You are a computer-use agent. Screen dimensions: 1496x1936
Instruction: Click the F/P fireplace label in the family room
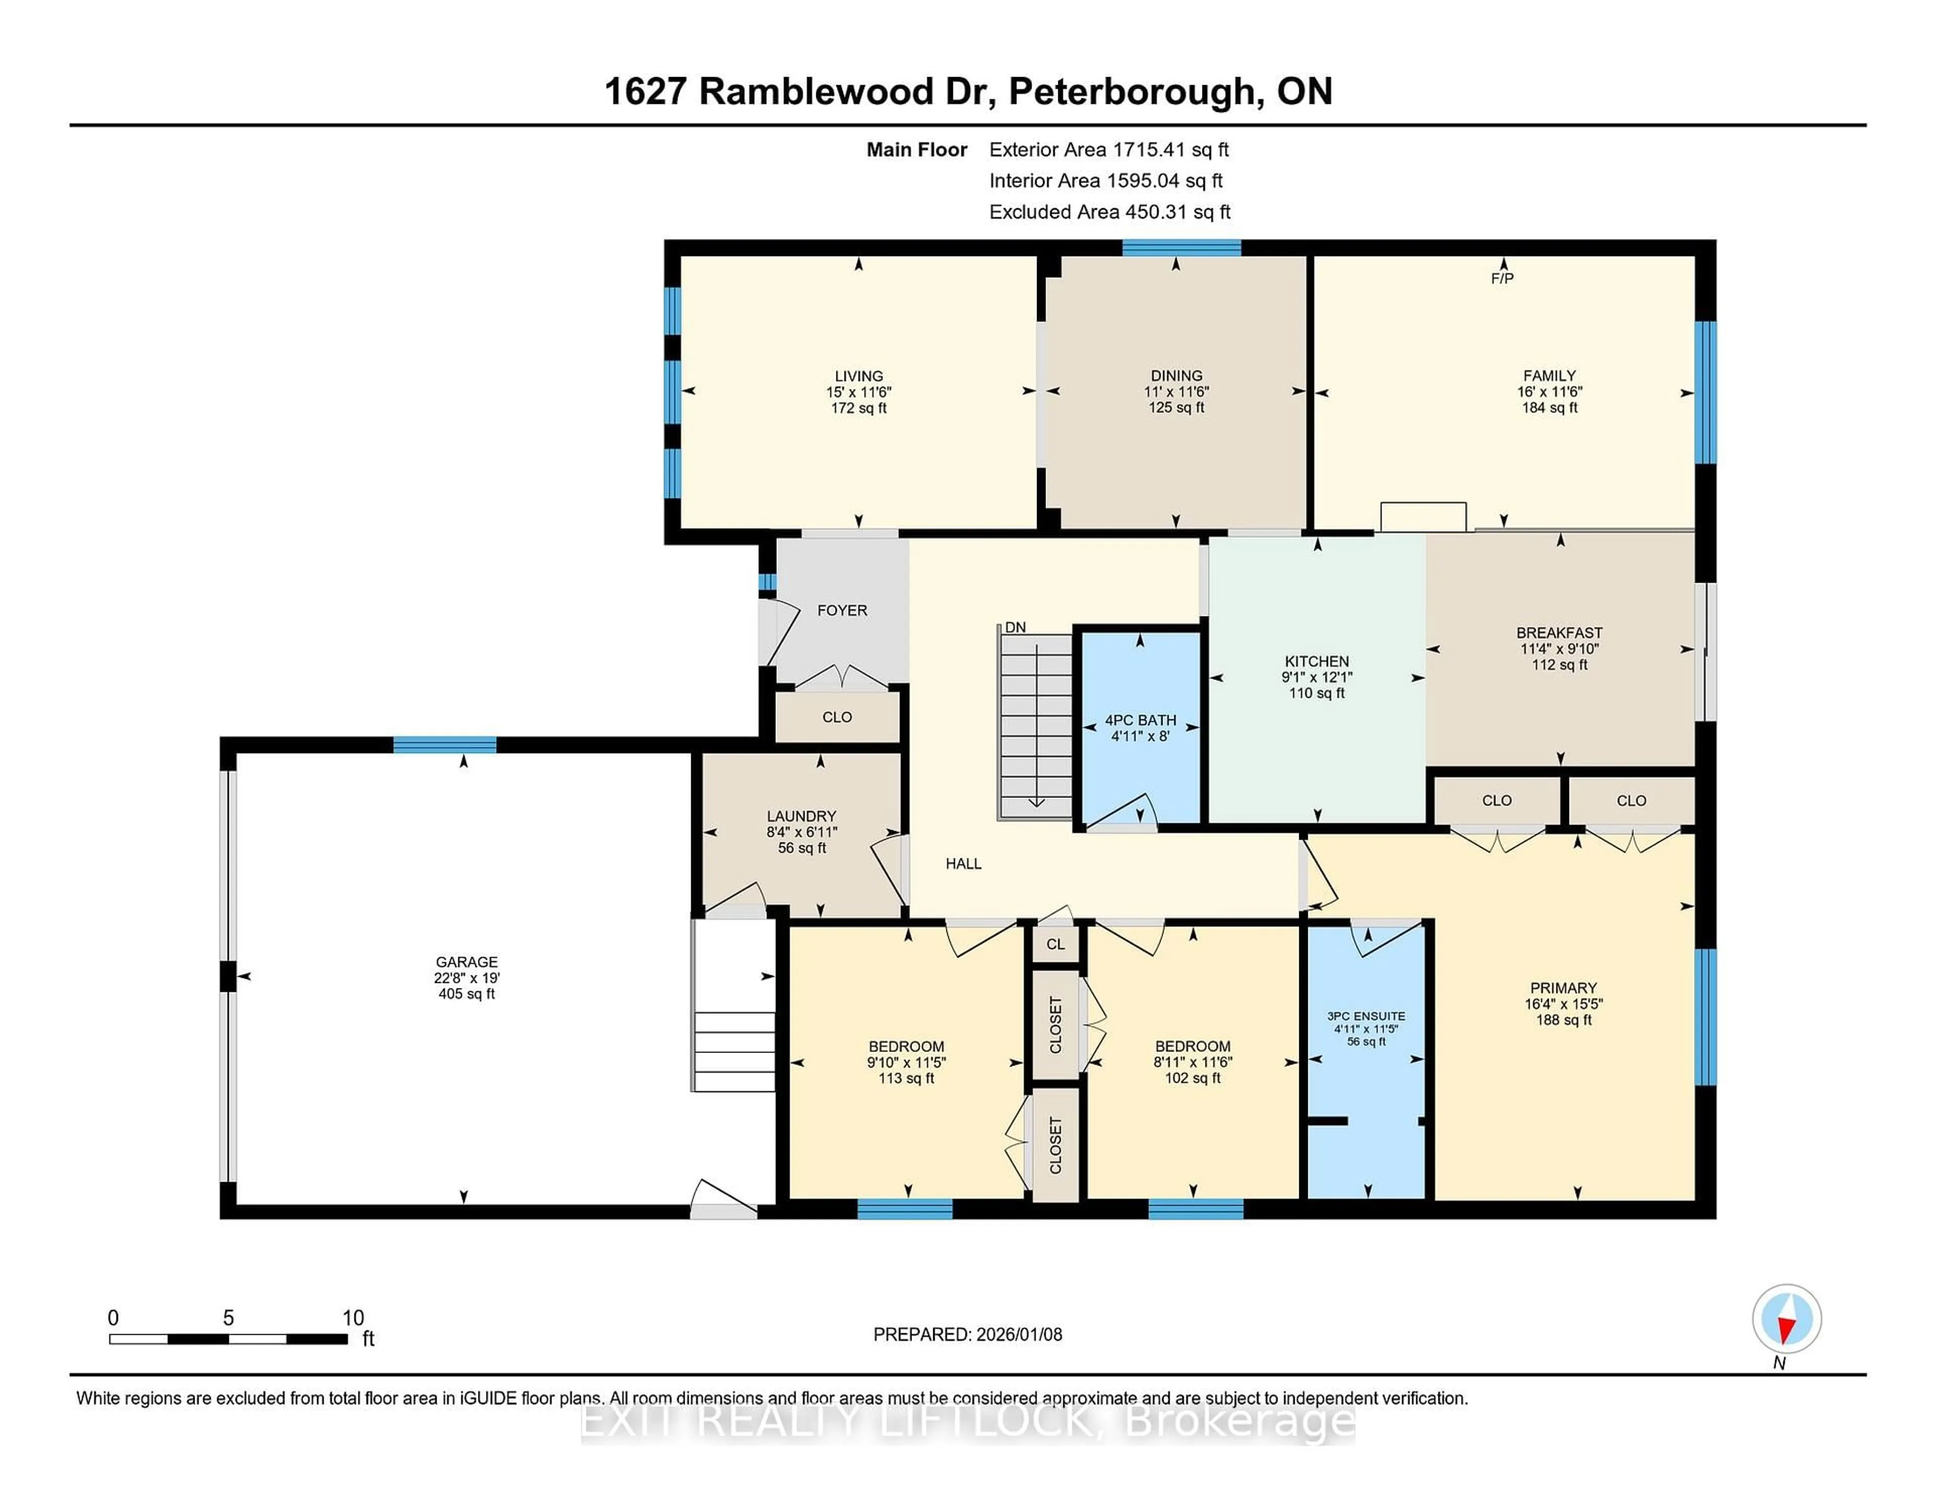1501,278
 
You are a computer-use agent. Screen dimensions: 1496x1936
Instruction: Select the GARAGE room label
466,962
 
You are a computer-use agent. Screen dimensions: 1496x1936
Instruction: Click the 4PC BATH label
1140,720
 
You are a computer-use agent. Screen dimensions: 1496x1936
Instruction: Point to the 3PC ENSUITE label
1366,1017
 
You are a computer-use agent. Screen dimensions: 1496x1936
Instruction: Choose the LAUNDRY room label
801,816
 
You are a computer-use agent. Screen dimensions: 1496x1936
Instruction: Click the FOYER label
841,610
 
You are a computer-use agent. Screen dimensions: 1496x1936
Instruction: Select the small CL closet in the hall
1055,945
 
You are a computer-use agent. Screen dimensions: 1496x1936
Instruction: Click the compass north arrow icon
1786,1319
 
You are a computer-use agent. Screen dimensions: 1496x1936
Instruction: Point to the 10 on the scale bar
353,1318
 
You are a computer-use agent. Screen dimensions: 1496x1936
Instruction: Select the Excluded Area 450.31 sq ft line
1109,212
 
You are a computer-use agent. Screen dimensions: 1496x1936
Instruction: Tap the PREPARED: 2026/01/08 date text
967,1335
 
